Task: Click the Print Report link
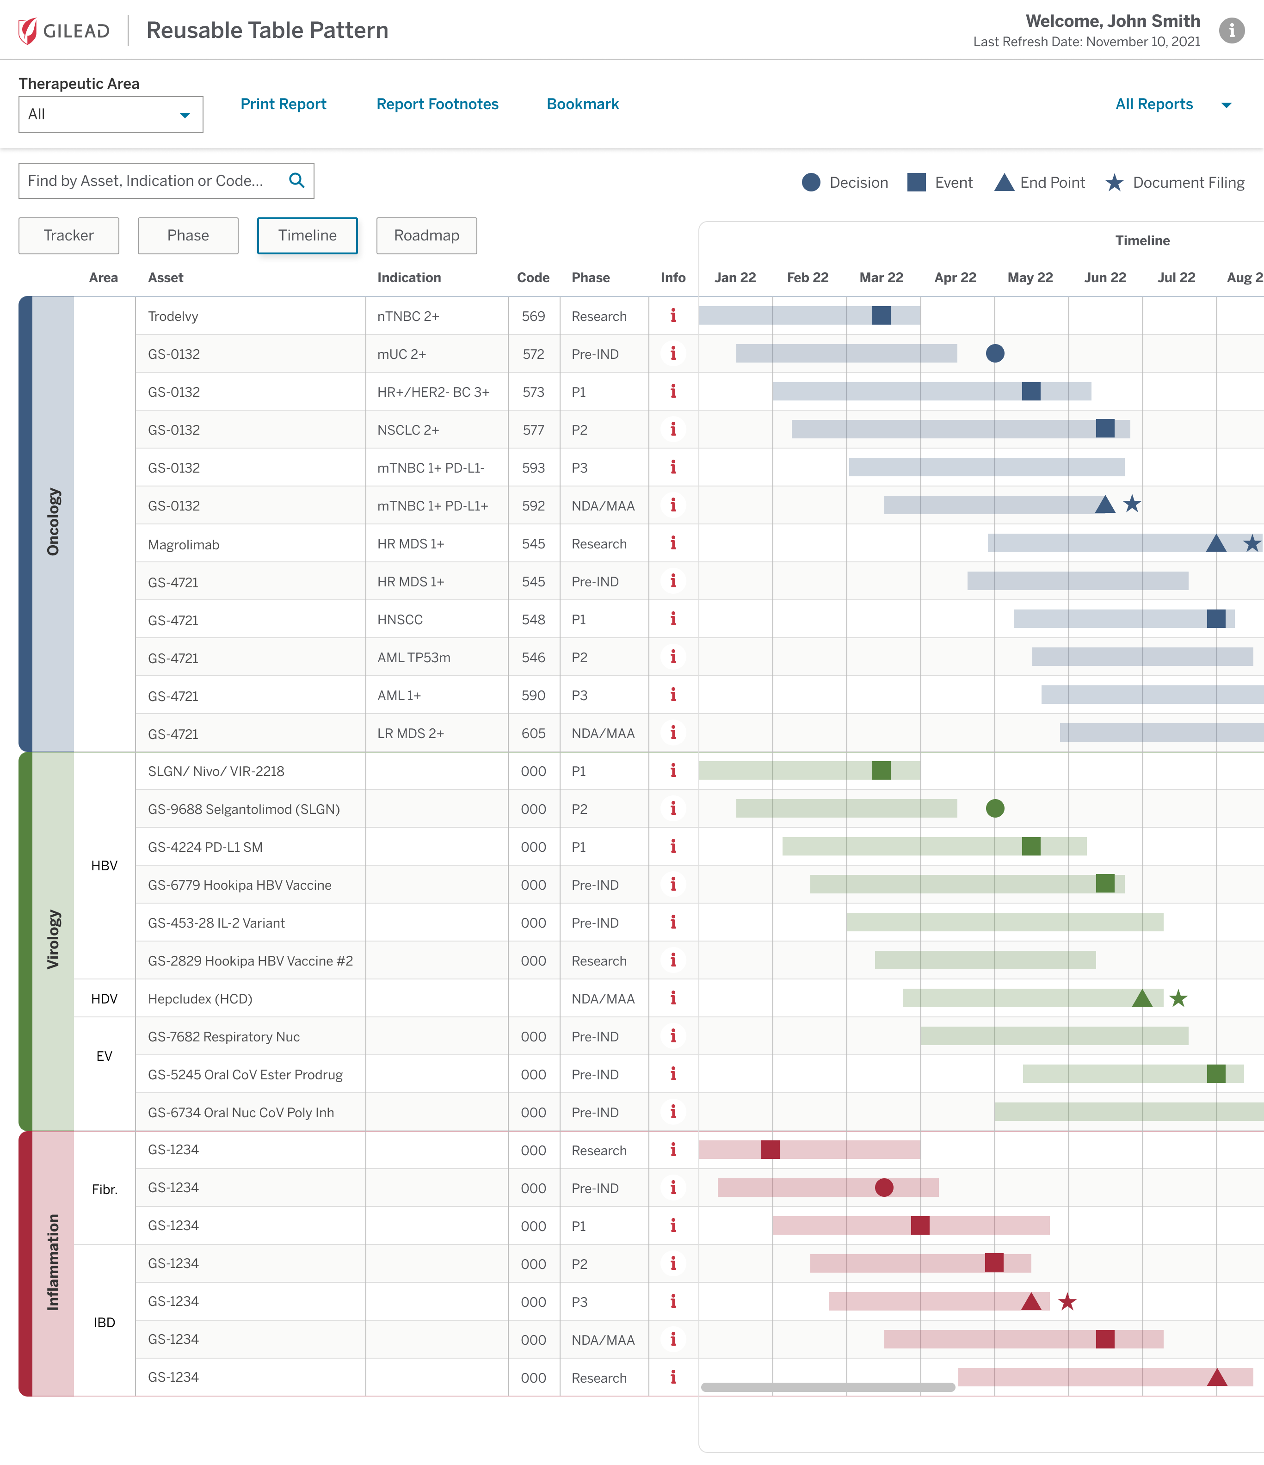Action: (x=283, y=104)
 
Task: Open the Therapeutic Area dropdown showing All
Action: (x=111, y=115)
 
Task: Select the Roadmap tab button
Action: (x=426, y=235)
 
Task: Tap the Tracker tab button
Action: (x=68, y=235)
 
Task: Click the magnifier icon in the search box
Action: (x=296, y=180)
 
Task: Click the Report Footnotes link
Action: (x=437, y=104)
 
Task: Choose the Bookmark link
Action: (x=582, y=104)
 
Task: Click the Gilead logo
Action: (x=64, y=31)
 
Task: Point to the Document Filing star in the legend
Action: (x=1114, y=182)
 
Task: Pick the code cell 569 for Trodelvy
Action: (x=533, y=316)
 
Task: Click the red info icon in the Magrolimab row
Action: (x=672, y=543)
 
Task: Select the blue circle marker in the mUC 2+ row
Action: (x=994, y=353)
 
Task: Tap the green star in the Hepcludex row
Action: (x=1178, y=998)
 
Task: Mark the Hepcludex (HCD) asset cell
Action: (x=200, y=998)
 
